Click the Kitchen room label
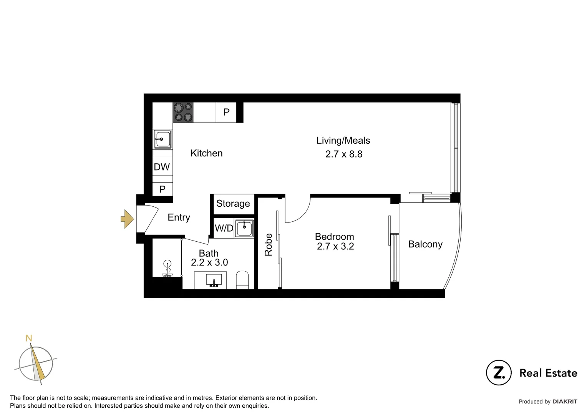point(206,153)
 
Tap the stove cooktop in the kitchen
point(183,112)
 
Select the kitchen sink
point(163,139)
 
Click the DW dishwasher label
point(162,167)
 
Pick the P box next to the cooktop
point(226,112)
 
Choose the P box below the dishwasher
point(162,189)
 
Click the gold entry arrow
point(127,219)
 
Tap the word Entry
point(179,217)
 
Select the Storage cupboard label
point(233,204)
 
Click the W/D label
point(224,228)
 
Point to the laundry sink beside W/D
point(244,228)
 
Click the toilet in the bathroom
point(242,279)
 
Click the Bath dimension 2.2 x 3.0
point(209,262)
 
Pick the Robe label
point(268,245)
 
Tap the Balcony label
point(425,244)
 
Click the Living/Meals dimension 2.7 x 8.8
point(343,154)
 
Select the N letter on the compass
point(29,338)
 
